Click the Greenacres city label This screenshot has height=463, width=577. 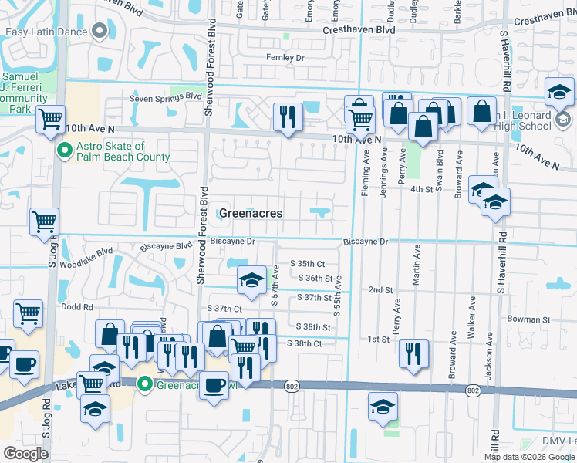(x=251, y=213)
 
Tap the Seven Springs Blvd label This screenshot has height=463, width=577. (x=160, y=98)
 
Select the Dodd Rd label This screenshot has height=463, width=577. (x=77, y=306)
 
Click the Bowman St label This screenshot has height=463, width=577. (x=528, y=319)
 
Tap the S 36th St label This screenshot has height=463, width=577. (x=314, y=279)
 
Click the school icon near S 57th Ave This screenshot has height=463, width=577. (x=251, y=282)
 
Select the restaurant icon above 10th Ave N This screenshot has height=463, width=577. (x=288, y=117)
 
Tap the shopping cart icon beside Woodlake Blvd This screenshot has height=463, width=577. (x=44, y=222)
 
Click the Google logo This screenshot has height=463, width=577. (x=25, y=453)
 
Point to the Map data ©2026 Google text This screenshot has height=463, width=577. (x=528, y=457)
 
